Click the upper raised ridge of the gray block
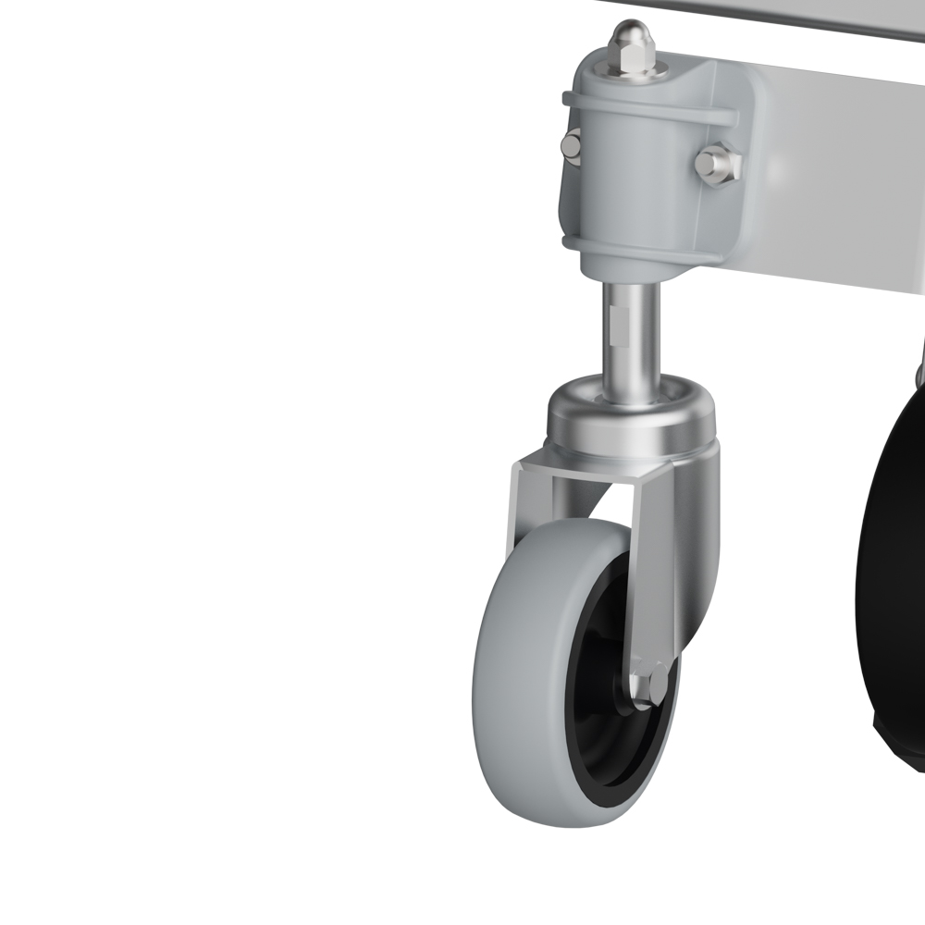[647, 107]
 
